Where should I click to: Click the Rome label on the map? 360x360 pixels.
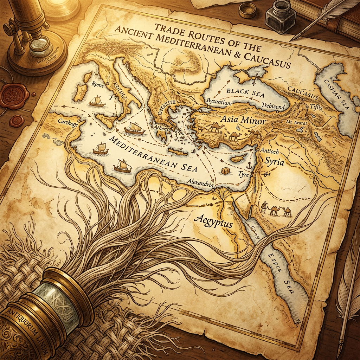tap(96, 85)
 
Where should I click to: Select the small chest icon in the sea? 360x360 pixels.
tap(225, 170)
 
